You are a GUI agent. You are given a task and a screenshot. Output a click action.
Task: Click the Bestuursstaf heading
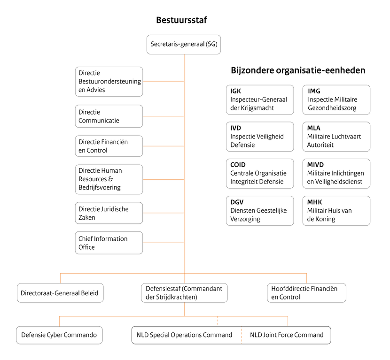point(181,20)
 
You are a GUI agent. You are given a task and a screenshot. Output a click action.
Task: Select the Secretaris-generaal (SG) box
point(184,45)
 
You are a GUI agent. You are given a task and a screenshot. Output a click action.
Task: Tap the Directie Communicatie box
point(109,116)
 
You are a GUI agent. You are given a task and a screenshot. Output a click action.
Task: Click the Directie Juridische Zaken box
point(109,213)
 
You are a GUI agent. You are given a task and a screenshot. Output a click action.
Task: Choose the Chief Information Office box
point(109,243)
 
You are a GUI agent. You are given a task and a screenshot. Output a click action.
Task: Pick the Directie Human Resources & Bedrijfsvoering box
point(109,179)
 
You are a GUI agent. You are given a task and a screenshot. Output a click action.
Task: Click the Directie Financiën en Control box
point(109,146)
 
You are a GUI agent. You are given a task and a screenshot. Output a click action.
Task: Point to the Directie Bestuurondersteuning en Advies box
point(109,82)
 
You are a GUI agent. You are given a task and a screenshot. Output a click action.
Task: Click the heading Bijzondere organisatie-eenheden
point(298,70)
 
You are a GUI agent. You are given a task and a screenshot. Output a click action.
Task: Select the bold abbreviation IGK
point(235,91)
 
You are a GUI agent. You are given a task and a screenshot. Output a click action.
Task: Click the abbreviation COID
point(238,165)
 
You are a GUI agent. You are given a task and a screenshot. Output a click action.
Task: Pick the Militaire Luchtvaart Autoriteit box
point(336,137)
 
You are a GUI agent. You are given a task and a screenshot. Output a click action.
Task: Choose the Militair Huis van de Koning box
point(336,211)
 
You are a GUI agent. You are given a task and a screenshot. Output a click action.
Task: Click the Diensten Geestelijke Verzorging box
point(259,211)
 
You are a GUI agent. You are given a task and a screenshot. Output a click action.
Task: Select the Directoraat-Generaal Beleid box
point(60,292)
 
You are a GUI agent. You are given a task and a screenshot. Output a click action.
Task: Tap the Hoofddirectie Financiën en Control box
point(306,292)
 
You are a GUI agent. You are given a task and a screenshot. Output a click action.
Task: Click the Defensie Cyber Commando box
point(59,335)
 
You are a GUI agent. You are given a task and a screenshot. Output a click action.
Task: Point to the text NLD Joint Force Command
point(287,335)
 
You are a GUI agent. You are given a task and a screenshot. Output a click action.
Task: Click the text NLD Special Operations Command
point(184,335)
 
